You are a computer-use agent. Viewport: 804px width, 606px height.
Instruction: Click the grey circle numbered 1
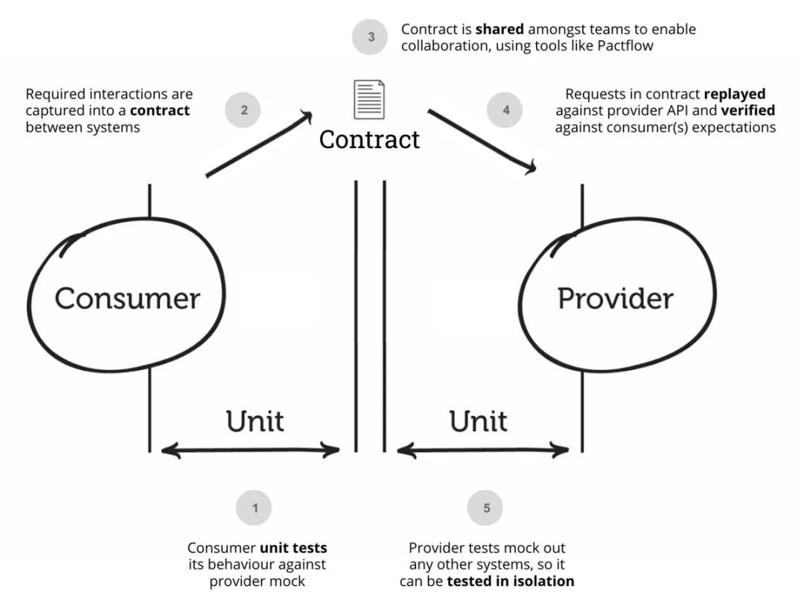[x=255, y=508]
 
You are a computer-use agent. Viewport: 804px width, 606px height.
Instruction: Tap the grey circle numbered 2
[x=243, y=111]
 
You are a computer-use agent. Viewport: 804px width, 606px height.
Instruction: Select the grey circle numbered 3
[x=371, y=36]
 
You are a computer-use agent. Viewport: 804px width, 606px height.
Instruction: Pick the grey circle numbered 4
[x=506, y=111]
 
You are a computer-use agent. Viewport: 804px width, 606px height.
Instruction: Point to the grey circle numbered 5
[x=486, y=508]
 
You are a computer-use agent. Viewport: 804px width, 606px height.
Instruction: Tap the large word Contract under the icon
[x=369, y=139]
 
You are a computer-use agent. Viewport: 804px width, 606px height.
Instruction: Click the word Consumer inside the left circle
[x=127, y=299]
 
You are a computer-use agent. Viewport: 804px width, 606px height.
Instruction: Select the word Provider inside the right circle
[x=615, y=299]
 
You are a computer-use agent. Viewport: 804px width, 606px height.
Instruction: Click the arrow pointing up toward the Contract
[x=258, y=144]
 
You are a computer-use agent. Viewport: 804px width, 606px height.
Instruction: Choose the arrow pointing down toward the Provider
[x=482, y=141]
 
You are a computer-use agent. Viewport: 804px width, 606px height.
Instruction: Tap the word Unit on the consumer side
[x=255, y=421]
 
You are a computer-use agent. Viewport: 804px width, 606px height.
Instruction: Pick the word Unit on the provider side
[x=478, y=421]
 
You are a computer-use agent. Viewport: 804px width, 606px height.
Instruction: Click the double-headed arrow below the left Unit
[x=251, y=449]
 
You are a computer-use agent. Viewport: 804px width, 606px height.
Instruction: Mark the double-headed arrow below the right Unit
[x=483, y=449]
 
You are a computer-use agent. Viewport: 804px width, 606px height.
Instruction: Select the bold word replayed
[x=735, y=95]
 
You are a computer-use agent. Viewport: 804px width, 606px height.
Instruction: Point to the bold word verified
[x=748, y=111]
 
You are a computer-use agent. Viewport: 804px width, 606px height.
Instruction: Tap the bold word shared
[x=500, y=30]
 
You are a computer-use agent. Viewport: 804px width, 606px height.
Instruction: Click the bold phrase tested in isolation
[x=510, y=581]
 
